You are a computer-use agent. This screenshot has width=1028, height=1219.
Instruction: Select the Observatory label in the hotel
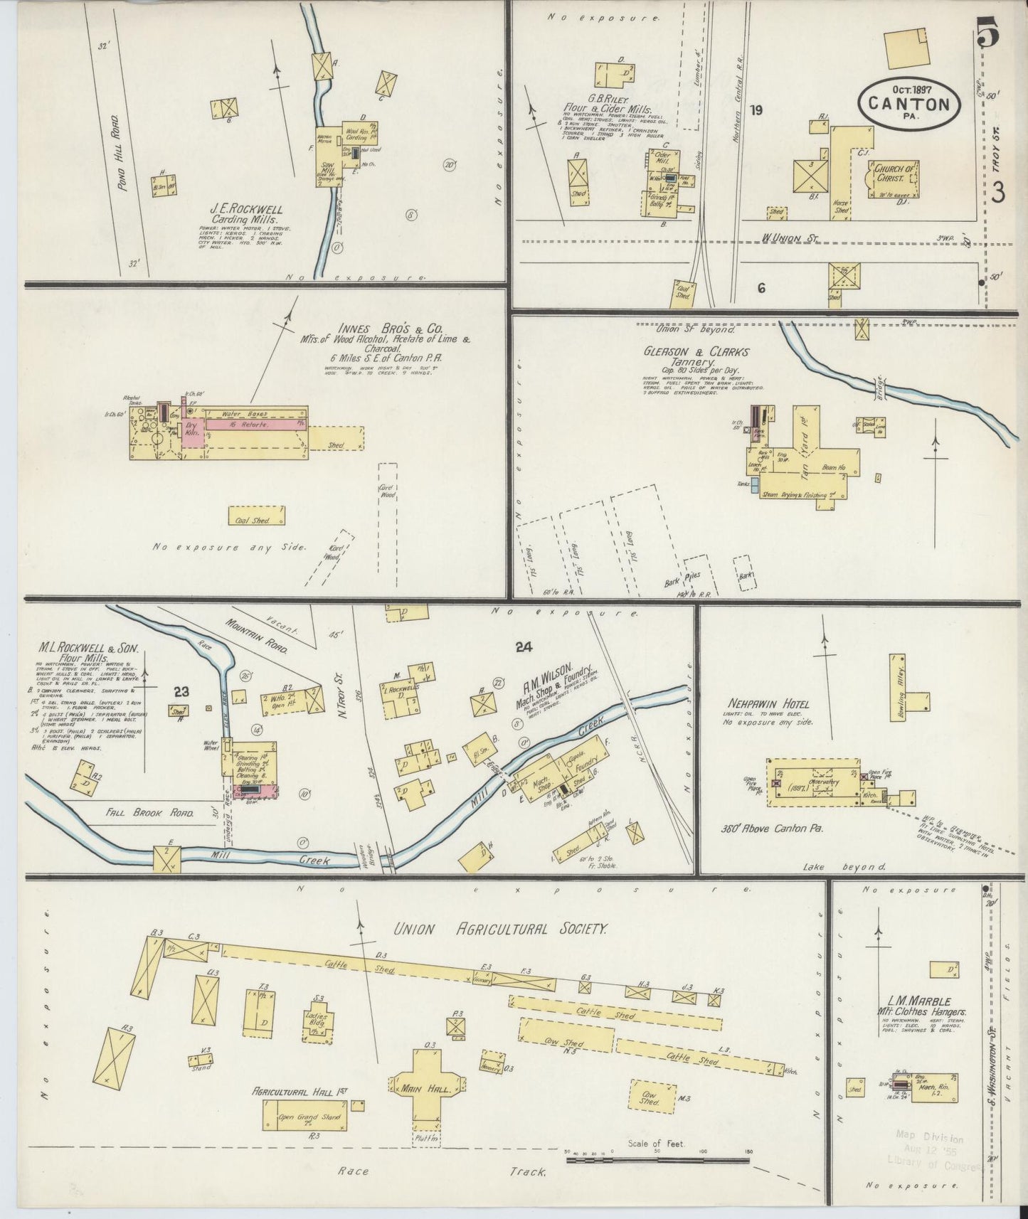coord(823,782)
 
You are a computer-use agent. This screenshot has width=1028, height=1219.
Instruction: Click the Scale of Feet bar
coord(657,1161)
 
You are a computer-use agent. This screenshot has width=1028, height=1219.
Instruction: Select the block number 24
coord(524,646)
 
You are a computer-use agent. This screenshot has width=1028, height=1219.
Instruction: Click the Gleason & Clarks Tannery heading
coord(696,356)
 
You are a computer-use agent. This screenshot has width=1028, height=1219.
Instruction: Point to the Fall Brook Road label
coord(149,811)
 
